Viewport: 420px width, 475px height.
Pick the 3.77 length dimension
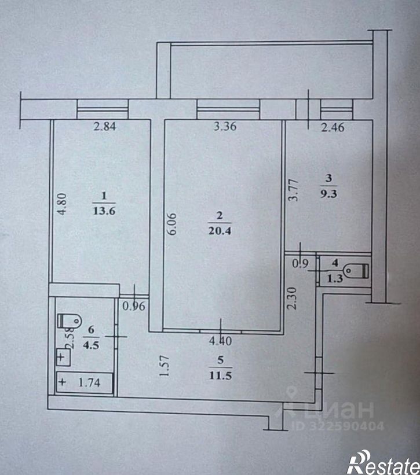pos(294,192)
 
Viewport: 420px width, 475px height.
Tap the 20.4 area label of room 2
pos(220,230)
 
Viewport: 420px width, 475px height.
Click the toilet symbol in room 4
pos(356,270)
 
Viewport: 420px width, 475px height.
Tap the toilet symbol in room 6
pos(70,320)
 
